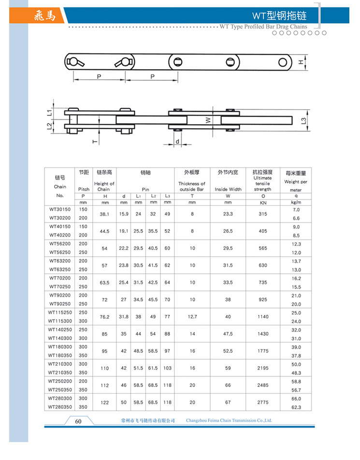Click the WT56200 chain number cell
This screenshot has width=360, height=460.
point(60,244)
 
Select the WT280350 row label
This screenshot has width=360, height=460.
point(60,407)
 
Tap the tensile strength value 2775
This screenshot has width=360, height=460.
point(262,402)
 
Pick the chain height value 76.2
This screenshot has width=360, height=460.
point(104,317)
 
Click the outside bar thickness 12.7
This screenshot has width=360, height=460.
point(192,317)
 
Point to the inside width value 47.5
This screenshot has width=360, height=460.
point(228,334)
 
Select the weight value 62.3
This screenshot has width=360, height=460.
point(296,407)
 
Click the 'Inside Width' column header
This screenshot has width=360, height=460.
point(228,189)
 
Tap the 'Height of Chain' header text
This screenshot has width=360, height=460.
point(104,186)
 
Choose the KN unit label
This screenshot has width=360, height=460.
point(262,203)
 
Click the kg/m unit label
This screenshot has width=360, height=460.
point(296,203)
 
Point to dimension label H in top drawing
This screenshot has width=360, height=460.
point(301,62)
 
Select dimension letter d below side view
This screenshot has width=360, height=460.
point(177,141)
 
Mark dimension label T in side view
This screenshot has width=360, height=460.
point(95,141)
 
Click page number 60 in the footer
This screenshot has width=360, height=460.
point(78,421)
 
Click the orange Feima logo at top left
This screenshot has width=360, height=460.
point(45,16)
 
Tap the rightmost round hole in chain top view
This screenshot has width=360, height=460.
point(282,62)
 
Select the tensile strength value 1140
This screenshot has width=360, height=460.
point(262,317)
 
